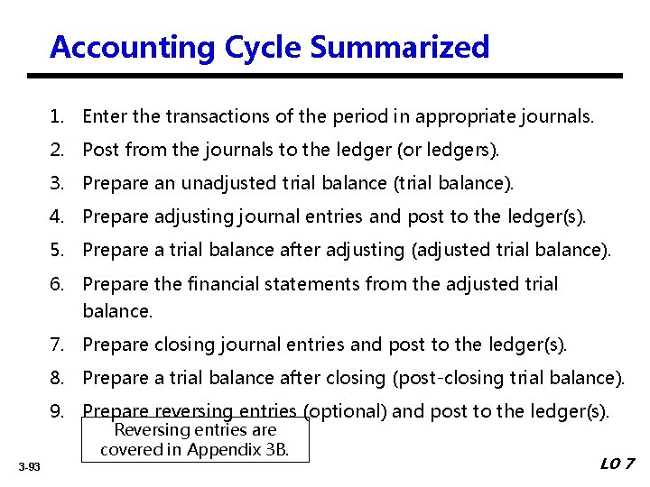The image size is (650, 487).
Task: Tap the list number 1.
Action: point(57,115)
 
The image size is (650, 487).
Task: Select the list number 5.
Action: point(57,250)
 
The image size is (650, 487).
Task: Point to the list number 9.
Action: point(57,411)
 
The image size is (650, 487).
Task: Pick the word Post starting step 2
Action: point(100,150)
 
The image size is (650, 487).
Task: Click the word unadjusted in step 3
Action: point(228,183)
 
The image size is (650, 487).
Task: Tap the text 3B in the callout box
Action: point(275,448)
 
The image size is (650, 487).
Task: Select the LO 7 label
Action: point(617,464)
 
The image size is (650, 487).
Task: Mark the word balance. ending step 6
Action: point(117,311)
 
